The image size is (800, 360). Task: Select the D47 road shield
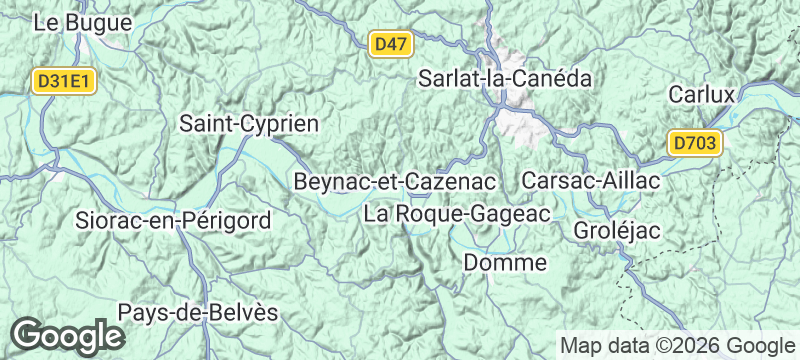click(x=390, y=44)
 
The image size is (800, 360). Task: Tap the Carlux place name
click(x=702, y=95)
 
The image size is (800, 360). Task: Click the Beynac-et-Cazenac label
click(x=395, y=182)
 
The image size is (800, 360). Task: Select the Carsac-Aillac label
click(x=591, y=181)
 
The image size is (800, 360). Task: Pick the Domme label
click(x=506, y=263)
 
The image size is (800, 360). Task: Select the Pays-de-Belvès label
click(x=198, y=312)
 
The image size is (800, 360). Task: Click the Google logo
click(x=67, y=335)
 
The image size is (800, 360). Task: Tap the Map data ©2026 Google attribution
click(x=675, y=345)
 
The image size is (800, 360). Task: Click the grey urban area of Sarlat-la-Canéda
click(x=520, y=120)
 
